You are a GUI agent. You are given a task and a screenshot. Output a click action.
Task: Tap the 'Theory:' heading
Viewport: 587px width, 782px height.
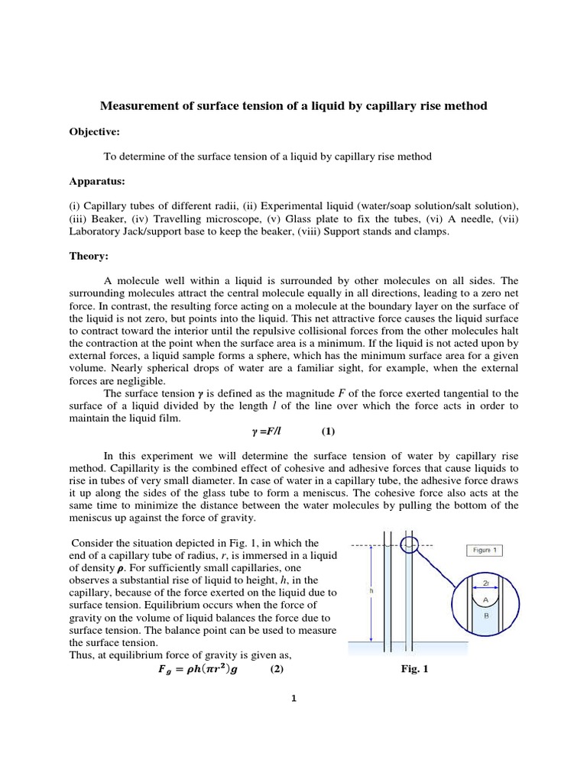coord(89,257)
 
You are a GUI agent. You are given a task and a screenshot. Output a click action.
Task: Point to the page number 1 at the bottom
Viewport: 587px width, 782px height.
coord(293,697)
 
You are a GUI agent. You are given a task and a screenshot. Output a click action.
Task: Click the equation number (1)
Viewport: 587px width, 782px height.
coord(328,431)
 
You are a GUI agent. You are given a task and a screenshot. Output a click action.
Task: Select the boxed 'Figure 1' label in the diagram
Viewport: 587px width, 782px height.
coord(484,551)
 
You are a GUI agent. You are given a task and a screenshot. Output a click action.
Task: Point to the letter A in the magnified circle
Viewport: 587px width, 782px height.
coord(485,600)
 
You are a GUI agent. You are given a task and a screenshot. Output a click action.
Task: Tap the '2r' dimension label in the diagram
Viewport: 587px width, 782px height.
coord(486,583)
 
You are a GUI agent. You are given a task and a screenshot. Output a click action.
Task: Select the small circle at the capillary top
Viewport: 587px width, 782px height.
coord(409,544)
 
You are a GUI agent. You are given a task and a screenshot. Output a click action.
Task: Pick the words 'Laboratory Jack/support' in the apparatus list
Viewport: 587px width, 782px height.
coord(128,231)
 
